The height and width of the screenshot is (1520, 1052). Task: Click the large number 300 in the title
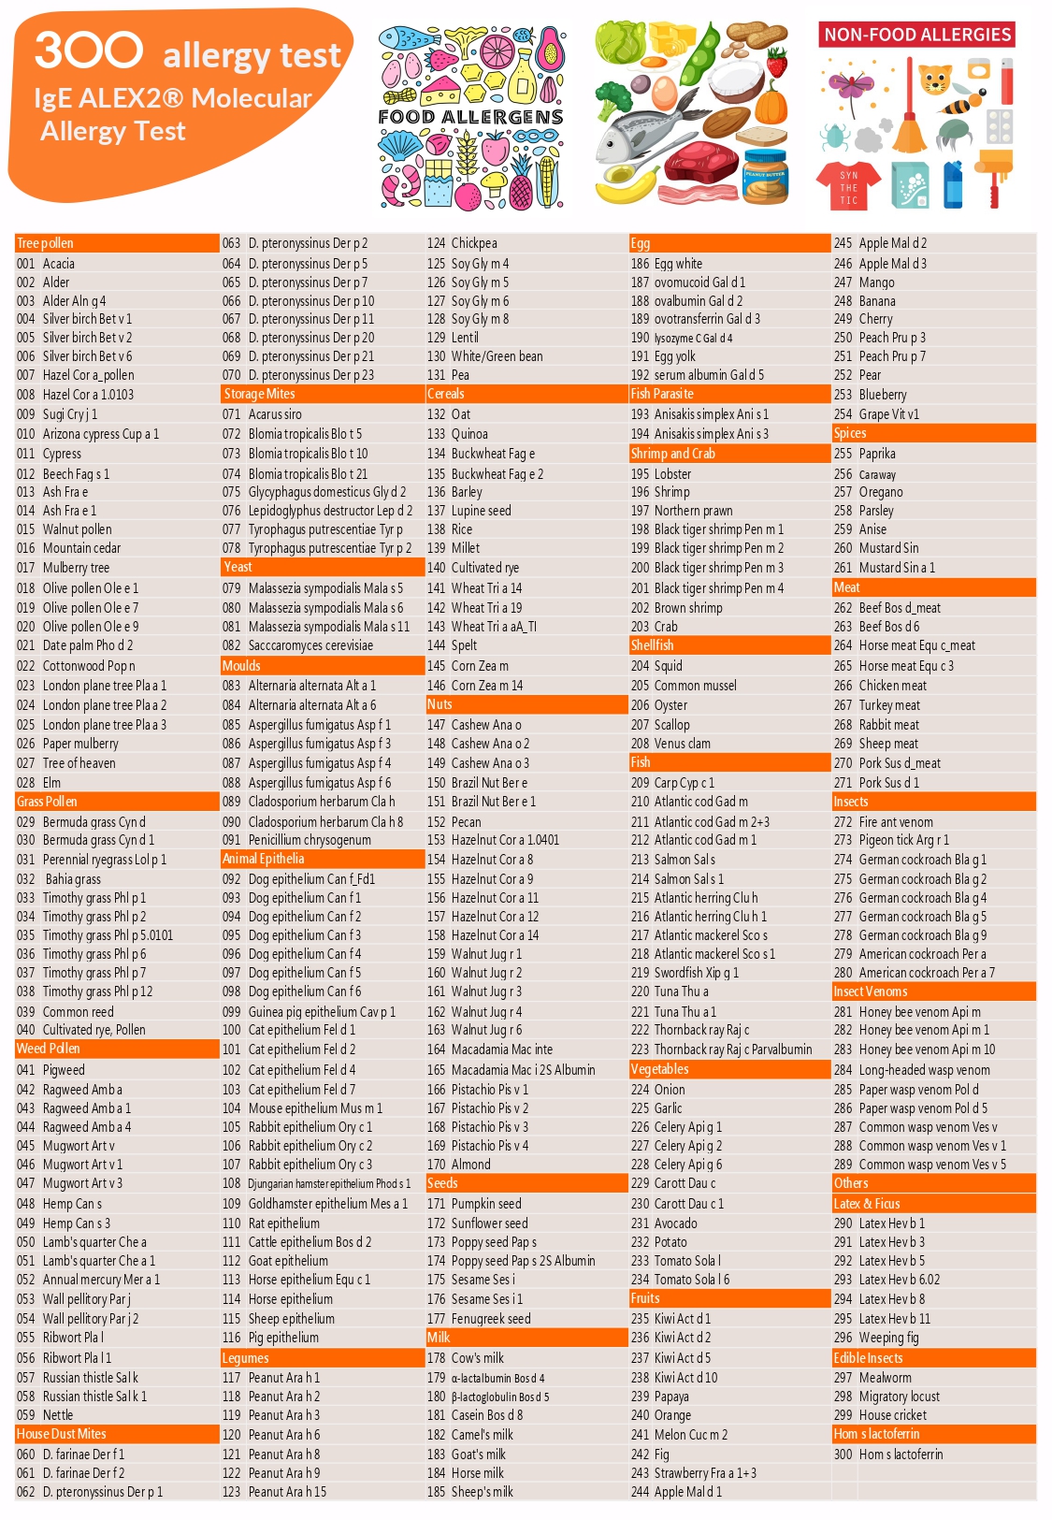coord(89,51)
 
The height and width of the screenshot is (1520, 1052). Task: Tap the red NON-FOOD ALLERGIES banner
coord(917,35)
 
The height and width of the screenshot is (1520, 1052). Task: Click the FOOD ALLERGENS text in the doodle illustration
coord(470,117)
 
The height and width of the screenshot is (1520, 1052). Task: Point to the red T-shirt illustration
coord(848,183)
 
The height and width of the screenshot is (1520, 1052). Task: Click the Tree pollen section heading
coord(46,243)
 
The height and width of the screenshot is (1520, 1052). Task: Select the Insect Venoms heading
coord(870,992)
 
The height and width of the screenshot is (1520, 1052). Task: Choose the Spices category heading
coord(850,433)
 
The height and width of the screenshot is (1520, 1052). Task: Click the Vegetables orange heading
coord(659,1069)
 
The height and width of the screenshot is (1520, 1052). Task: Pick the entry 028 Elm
coord(39,782)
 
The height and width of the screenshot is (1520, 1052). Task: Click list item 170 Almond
coord(459,1165)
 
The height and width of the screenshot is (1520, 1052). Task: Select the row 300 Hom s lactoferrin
coord(888,1455)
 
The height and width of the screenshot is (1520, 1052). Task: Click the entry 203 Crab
coord(655,627)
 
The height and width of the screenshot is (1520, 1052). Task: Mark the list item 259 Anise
coord(860,529)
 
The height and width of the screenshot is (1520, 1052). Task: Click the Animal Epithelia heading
coord(263,859)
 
